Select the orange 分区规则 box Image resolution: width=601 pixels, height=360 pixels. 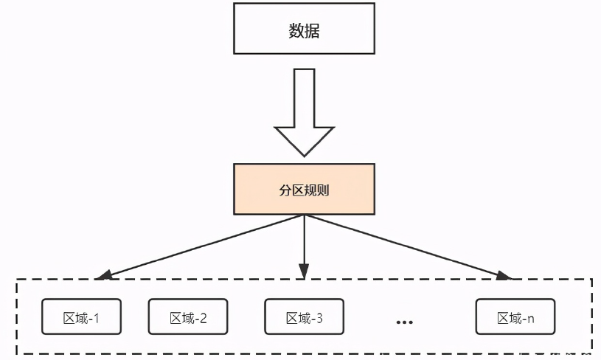[304, 189]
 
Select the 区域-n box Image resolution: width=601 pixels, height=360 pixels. [515, 316]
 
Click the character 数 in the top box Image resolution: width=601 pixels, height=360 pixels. [295, 31]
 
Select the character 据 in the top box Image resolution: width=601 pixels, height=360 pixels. [313, 31]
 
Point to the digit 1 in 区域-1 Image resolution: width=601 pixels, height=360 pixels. [97, 318]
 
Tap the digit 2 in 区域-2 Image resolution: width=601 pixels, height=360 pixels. [203, 318]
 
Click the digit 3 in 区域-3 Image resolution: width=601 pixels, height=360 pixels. [319, 318]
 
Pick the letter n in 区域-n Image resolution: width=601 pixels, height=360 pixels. [530, 319]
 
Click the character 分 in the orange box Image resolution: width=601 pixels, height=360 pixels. [285, 190]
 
